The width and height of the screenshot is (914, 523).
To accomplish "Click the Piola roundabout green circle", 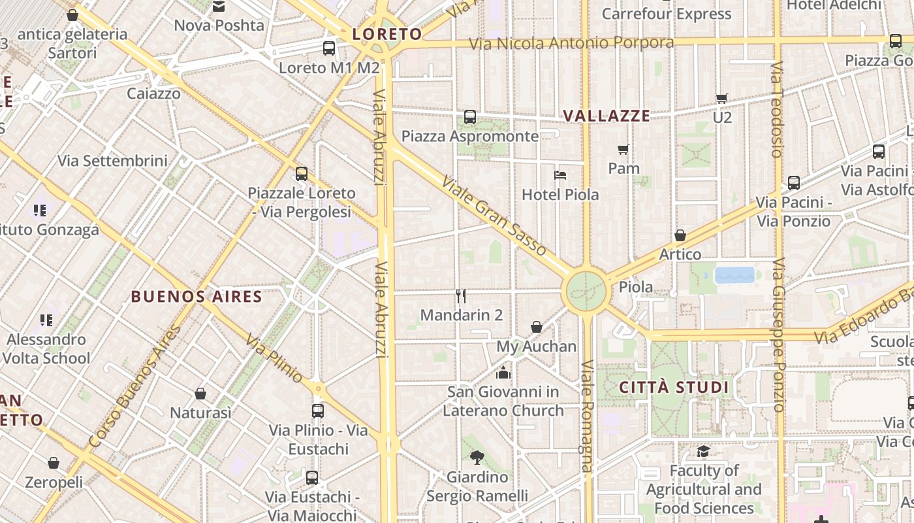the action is (586, 292).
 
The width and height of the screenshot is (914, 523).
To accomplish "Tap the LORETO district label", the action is (387, 34).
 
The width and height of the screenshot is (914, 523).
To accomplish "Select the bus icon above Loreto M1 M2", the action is (329, 48).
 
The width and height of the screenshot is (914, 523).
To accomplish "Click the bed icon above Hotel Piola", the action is (560, 175).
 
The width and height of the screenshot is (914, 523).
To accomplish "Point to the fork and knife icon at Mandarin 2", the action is (461, 296).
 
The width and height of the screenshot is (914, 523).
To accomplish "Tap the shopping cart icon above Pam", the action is (623, 150).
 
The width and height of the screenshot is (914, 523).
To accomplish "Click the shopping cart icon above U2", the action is (721, 99).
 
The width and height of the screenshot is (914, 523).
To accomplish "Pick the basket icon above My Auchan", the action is (537, 327).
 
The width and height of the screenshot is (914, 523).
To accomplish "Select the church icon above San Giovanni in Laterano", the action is (503, 373).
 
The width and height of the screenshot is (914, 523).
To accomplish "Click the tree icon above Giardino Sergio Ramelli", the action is (477, 458).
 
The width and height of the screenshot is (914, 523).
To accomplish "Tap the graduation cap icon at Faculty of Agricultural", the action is (703, 452).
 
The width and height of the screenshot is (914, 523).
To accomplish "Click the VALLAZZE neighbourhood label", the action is (607, 116).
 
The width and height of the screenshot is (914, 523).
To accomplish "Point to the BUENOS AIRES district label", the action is (197, 297).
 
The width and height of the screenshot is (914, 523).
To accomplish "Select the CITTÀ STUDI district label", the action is (674, 387).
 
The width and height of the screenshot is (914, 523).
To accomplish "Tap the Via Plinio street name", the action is (274, 358).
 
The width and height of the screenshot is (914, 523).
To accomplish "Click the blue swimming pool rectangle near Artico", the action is (734, 275).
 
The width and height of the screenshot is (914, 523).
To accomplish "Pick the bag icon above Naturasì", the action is (200, 394).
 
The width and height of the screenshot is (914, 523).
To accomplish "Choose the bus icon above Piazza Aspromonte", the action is (470, 117).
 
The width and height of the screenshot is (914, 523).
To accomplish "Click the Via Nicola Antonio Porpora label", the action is (571, 43).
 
